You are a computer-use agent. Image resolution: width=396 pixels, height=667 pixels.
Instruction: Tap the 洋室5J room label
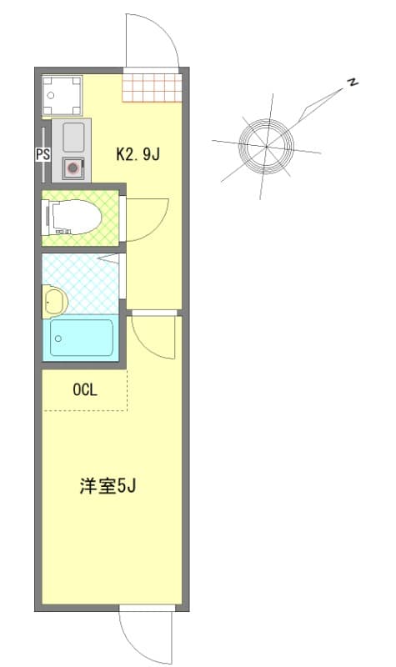click(x=108, y=485)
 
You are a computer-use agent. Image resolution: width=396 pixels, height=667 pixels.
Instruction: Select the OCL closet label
click(x=84, y=389)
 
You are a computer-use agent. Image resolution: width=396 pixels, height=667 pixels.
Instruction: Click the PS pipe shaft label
click(x=42, y=153)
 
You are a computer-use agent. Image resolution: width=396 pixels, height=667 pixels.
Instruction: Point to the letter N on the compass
click(x=353, y=83)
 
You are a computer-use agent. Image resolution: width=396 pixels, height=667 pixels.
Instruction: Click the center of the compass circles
click(x=266, y=146)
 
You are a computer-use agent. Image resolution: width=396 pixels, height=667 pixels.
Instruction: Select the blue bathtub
click(x=81, y=338)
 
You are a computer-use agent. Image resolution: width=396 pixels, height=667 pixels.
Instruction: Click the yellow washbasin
click(x=54, y=301)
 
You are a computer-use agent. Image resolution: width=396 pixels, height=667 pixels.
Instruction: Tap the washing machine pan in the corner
click(x=62, y=95)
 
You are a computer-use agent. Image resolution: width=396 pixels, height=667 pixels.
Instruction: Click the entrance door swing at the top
click(x=152, y=42)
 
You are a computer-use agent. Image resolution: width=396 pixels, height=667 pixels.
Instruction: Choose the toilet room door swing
click(x=146, y=218)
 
